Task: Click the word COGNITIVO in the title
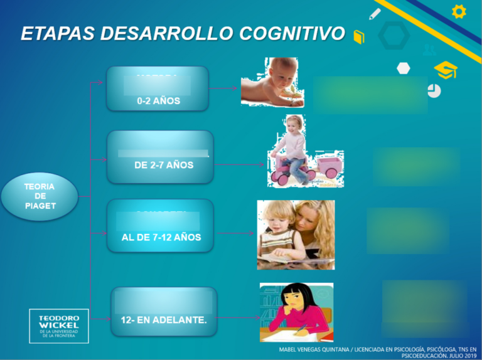point(292,33)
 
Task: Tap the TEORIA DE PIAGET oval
point(40,196)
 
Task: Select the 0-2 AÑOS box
point(158,89)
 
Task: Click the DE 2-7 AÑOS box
point(161,157)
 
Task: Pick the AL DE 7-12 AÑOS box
point(161,226)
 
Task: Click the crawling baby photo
point(271,82)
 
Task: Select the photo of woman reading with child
point(296,235)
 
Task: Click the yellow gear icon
point(459,11)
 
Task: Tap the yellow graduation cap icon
point(446,70)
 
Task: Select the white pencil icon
point(375,13)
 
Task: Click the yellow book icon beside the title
point(359,37)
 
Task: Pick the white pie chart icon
point(434,91)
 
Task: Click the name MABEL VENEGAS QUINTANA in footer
point(314,349)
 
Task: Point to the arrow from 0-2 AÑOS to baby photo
point(224,88)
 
